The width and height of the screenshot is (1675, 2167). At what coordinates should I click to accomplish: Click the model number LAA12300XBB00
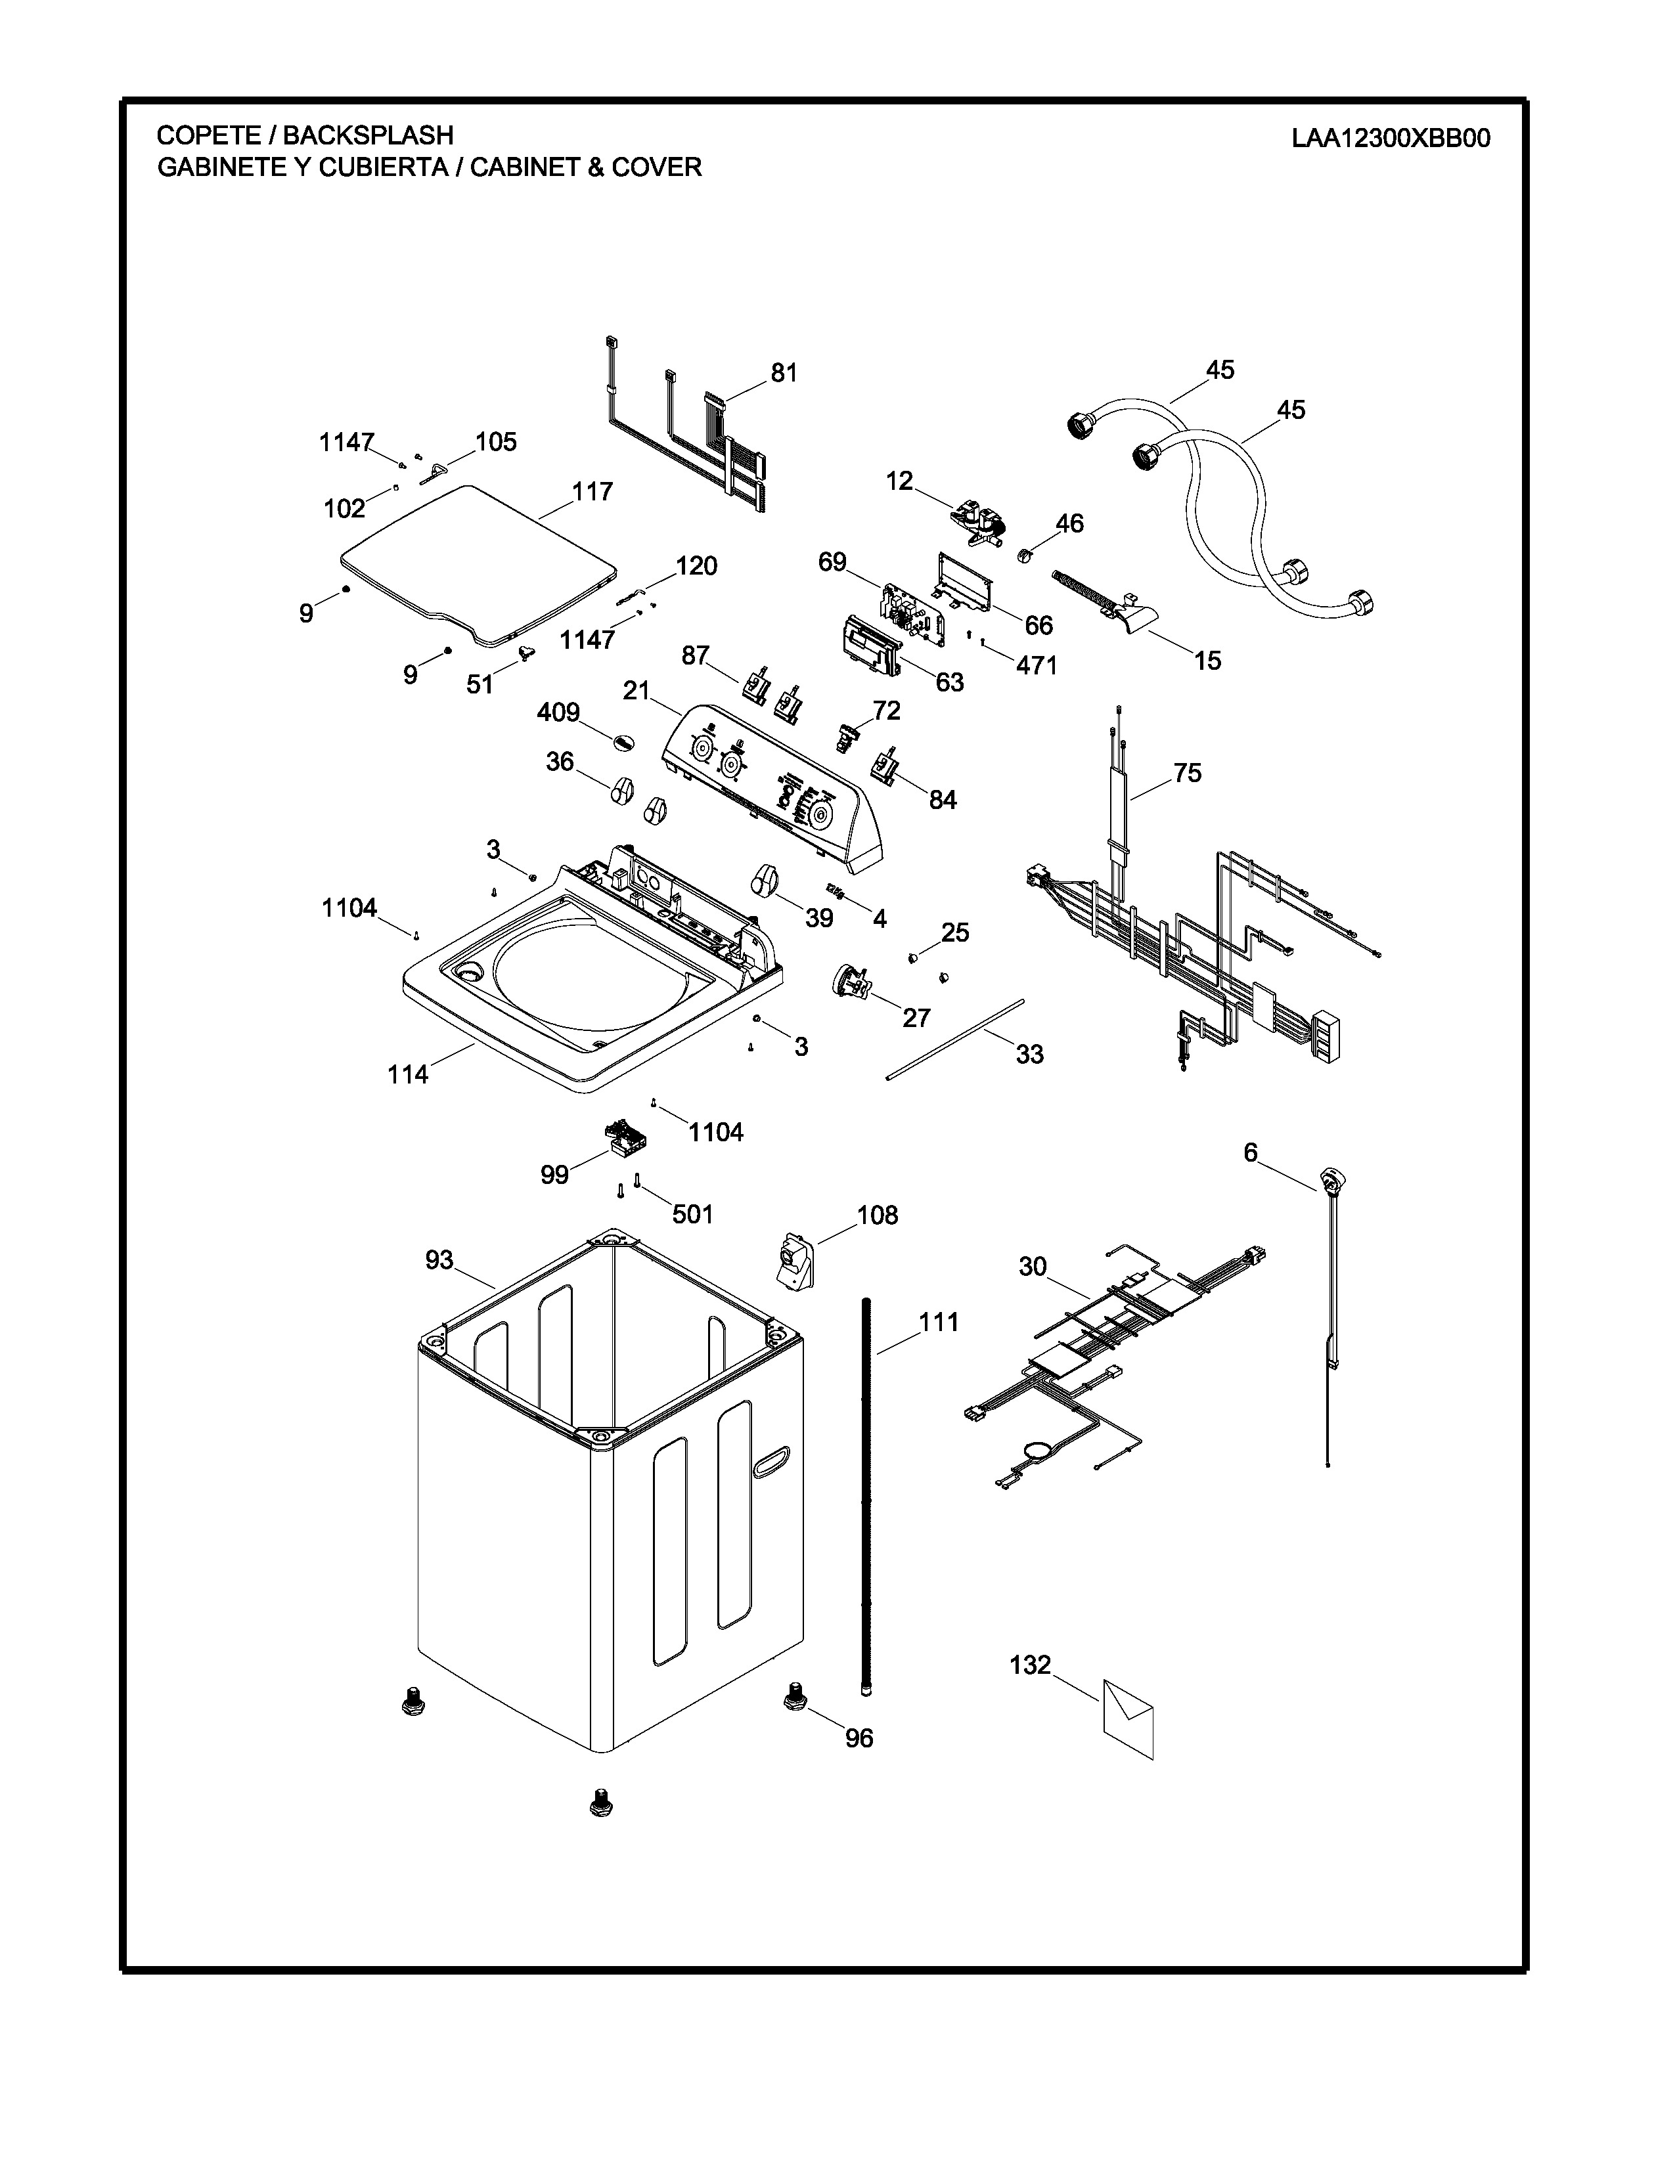click(x=1390, y=138)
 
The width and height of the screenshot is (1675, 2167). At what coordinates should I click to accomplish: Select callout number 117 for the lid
click(x=592, y=491)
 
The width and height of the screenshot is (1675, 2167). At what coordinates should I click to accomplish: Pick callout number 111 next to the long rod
click(x=938, y=1322)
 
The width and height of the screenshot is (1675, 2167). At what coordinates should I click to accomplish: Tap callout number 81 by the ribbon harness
click(x=784, y=373)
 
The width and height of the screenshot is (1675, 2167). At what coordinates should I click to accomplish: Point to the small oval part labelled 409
click(x=621, y=740)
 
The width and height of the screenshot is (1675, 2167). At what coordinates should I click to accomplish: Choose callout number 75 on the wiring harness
click(x=1187, y=772)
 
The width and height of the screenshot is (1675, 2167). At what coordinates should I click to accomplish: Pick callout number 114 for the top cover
click(x=408, y=1074)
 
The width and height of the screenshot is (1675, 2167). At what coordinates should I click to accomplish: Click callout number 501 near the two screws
click(x=692, y=1214)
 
